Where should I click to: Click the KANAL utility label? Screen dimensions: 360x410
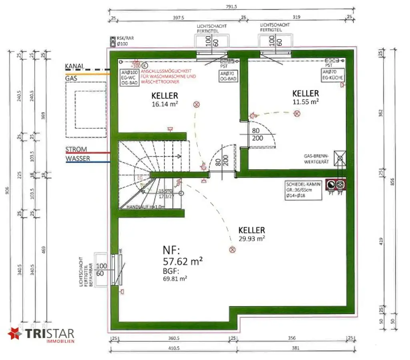point(74,66)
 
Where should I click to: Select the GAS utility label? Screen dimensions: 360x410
point(71,78)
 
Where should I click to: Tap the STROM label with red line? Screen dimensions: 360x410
point(76,150)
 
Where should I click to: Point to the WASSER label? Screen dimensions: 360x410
point(78,159)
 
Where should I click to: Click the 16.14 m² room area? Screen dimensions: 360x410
point(165,104)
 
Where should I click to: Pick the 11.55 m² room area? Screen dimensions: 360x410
point(305,102)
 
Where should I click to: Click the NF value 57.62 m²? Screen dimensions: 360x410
point(182,262)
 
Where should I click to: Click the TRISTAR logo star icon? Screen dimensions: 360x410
point(15,334)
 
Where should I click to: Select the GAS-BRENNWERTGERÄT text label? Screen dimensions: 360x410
point(316,159)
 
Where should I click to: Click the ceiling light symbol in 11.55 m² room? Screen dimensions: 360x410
point(297,114)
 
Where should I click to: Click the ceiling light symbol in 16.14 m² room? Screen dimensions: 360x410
point(196,104)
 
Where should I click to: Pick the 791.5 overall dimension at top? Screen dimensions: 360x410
point(231,6)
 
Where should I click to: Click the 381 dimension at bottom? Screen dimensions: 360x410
point(295,348)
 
